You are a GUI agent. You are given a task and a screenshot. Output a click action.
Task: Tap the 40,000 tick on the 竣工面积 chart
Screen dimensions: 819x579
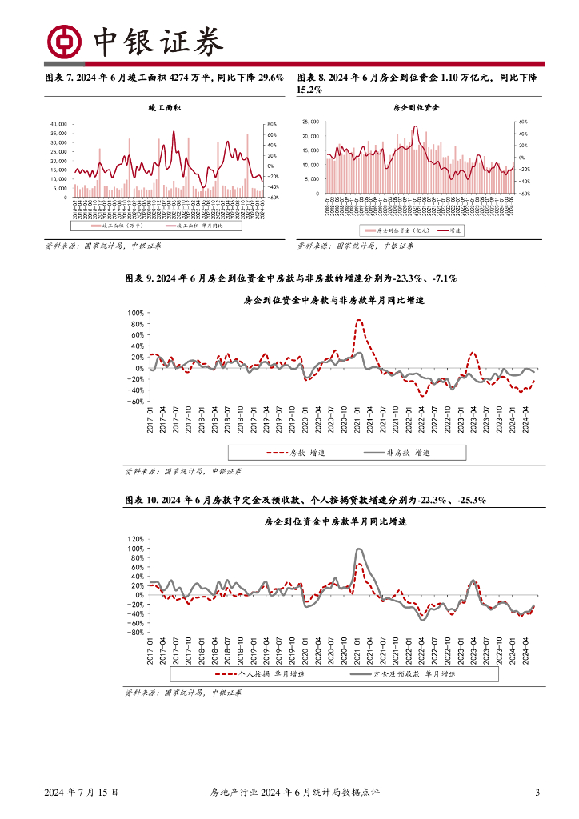pos(58,124)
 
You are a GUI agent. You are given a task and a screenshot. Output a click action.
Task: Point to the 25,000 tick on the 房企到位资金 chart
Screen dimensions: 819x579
pos(310,122)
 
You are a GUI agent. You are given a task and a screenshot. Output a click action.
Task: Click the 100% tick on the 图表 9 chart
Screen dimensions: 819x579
pos(134,313)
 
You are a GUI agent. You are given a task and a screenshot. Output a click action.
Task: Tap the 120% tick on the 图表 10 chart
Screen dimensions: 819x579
pos(134,539)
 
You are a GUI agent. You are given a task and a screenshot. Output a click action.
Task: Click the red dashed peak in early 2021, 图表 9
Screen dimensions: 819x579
pos(359,321)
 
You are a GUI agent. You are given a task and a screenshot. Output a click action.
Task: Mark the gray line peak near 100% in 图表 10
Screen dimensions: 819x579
pos(359,549)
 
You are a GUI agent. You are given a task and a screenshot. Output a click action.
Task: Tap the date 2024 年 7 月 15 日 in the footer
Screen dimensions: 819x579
pos(82,793)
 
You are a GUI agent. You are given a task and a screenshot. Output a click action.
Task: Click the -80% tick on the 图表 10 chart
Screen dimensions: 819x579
pos(134,633)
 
